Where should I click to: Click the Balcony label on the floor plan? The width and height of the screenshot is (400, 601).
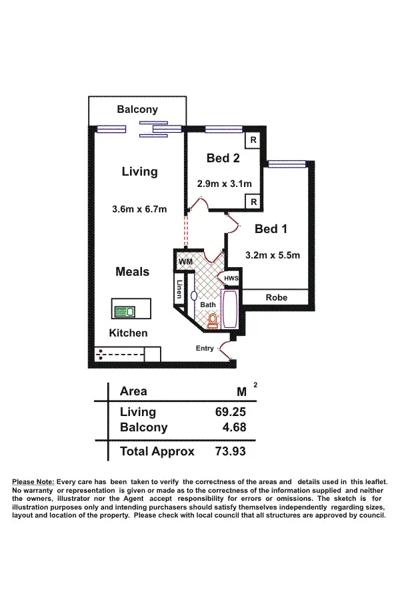[x=137, y=110]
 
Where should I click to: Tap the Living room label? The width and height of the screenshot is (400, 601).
[x=139, y=172]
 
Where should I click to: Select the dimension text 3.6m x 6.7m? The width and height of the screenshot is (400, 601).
[x=139, y=210]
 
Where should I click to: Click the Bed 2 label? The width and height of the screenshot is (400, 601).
[x=223, y=158]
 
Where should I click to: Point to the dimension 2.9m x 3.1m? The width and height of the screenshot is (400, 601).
[x=223, y=183]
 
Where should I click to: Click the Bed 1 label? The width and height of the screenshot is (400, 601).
[x=271, y=229]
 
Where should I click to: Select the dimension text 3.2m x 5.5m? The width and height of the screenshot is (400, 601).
[x=273, y=254]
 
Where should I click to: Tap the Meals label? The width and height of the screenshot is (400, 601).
[x=132, y=272]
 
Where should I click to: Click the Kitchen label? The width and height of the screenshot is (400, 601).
[x=129, y=333]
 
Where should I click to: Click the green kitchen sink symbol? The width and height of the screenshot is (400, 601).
[x=124, y=311]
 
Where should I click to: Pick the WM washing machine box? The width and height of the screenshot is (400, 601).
[x=185, y=262]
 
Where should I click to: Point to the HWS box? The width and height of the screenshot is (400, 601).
[x=231, y=278]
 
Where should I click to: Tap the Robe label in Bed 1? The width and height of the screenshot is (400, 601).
[x=276, y=297]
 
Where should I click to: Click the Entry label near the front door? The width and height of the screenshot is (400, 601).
[x=205, y=349]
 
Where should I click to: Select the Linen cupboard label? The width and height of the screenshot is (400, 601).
[x=179, y=288]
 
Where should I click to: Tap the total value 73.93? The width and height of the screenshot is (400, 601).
[x=230, y=451]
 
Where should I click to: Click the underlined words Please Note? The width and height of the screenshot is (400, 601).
[x=33, y=481]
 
